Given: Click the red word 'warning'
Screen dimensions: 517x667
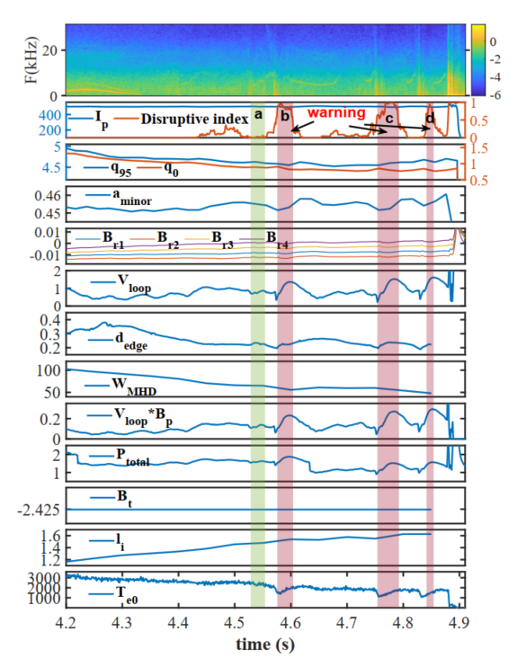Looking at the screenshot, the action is [336, 112].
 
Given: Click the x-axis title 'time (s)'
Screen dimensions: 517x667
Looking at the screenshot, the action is [265, 645].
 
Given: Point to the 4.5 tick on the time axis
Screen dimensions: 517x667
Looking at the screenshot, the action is [234, 623].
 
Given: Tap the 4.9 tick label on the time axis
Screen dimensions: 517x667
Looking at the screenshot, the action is [459, 623].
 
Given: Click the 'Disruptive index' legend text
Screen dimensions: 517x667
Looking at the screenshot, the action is [194, 119].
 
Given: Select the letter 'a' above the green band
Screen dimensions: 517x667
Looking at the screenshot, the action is [258, 114].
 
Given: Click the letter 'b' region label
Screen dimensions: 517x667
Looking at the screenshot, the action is [285, 115].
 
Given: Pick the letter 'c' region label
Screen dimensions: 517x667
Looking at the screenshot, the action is [389, 119].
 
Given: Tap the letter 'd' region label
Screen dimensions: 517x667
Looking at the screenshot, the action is [430, 118].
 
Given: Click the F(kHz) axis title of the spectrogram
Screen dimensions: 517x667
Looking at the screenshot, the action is [31, 60].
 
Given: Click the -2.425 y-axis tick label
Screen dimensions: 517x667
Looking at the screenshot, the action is [39, 510].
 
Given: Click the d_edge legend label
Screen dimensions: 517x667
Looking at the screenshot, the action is [131, 342].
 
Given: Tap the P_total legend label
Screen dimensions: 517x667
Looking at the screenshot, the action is [133, 457].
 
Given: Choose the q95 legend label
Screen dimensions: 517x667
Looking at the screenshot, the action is [120, 168].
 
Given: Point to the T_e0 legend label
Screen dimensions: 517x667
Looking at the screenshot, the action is [127, 595].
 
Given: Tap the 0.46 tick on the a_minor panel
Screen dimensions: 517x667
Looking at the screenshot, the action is [47, 196].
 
